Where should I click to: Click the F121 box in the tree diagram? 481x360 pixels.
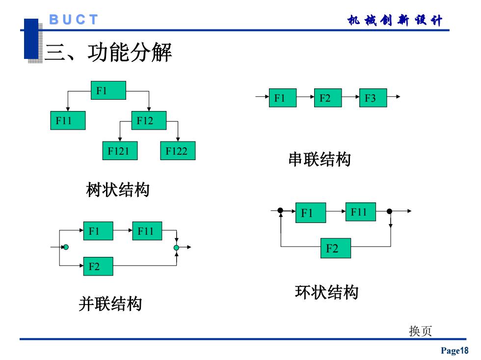point(120,151)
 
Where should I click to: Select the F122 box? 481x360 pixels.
point(178,151)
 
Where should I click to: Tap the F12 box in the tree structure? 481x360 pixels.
point(149,120)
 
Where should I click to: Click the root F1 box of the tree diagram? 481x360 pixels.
point(108,90)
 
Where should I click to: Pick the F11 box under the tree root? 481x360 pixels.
point(68,120)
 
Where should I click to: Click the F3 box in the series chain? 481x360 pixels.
point(373,98)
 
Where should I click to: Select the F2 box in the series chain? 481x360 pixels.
point(328,98)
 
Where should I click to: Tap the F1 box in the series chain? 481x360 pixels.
point(283,98)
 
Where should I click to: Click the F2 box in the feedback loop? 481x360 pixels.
point(336,248)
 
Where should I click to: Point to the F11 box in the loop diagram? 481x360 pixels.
point(361,212)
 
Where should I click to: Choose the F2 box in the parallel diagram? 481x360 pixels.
point(98,266)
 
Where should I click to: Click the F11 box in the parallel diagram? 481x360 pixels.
point(147,231)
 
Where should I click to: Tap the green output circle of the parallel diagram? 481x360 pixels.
point(176,248)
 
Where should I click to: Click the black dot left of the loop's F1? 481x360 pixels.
point(280,210)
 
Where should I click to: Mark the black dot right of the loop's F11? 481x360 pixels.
point(390,211)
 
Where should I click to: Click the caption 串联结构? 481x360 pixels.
point(320,159)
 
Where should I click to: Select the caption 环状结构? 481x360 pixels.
point(327,292)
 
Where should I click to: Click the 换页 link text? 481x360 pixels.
point(420,331)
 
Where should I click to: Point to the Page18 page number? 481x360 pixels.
point(454,350)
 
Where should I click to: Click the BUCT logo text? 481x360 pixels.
point(74,20)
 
